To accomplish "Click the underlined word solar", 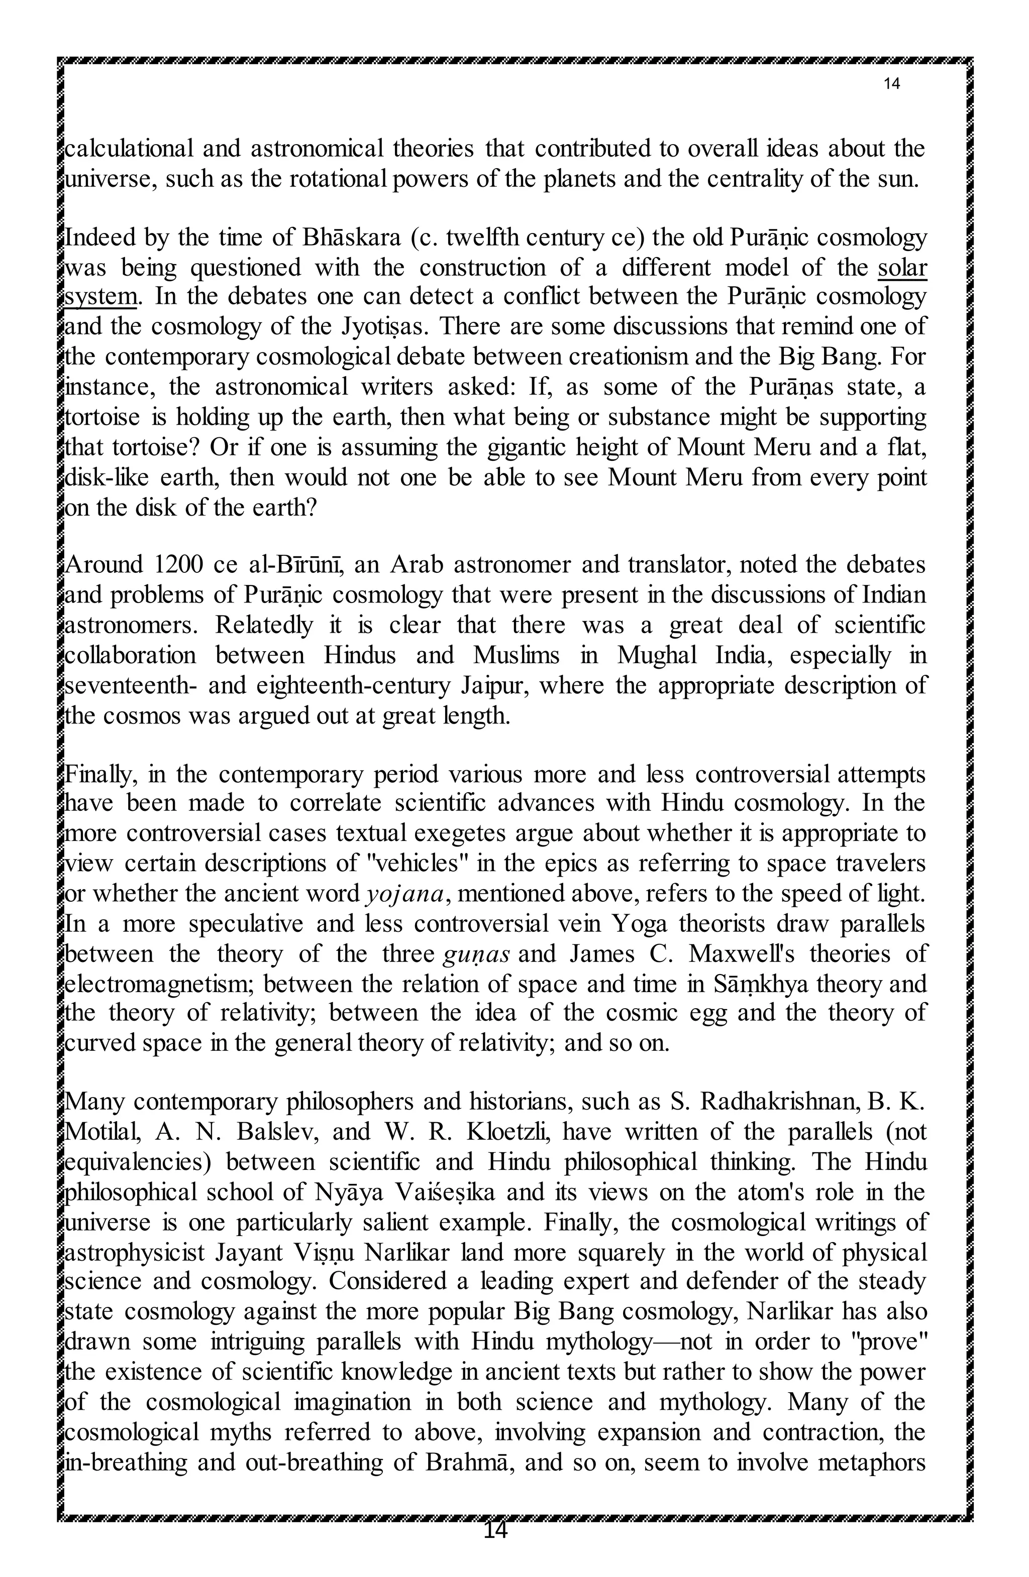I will pyautogui.click(x=902, y=268).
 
